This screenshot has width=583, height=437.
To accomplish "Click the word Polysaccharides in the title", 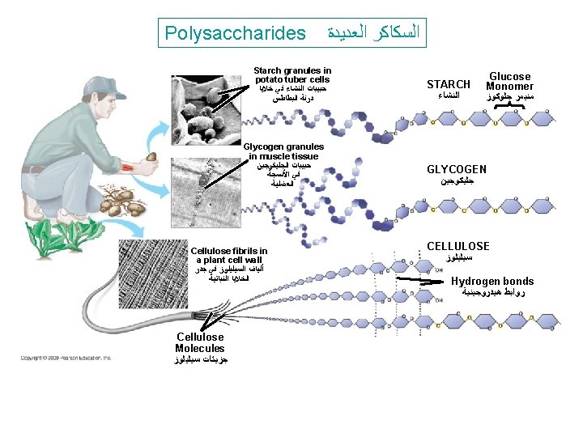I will tap(235, 33).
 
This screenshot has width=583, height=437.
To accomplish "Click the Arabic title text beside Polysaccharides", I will tap(373, 33).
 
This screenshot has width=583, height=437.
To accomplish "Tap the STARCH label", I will tap(449, 84).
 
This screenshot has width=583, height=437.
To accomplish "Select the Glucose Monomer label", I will tap(509, 81).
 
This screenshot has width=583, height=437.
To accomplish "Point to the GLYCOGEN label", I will tap(457, 169).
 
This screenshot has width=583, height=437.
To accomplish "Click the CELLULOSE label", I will tap(458, 246).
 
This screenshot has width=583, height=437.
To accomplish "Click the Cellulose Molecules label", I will tap(200, 342).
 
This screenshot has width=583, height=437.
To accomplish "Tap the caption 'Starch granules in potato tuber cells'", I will tap(292, 75).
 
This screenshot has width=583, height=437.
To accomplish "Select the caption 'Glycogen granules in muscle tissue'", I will tap(283, 151).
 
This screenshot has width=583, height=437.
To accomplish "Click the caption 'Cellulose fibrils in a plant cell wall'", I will tap(229, 256).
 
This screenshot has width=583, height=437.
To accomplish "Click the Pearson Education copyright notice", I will tap(66, 357).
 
